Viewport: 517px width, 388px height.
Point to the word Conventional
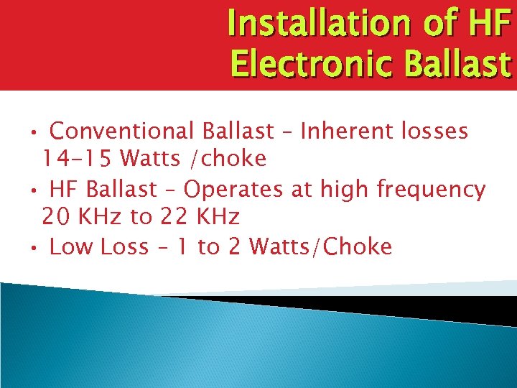pyautogui.click(x=122, y=131)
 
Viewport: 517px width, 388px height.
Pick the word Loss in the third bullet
pyautogui.click(x=125, y=247)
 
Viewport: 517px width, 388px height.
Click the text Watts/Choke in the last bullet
pyautogui.click(x=321, y=247)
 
